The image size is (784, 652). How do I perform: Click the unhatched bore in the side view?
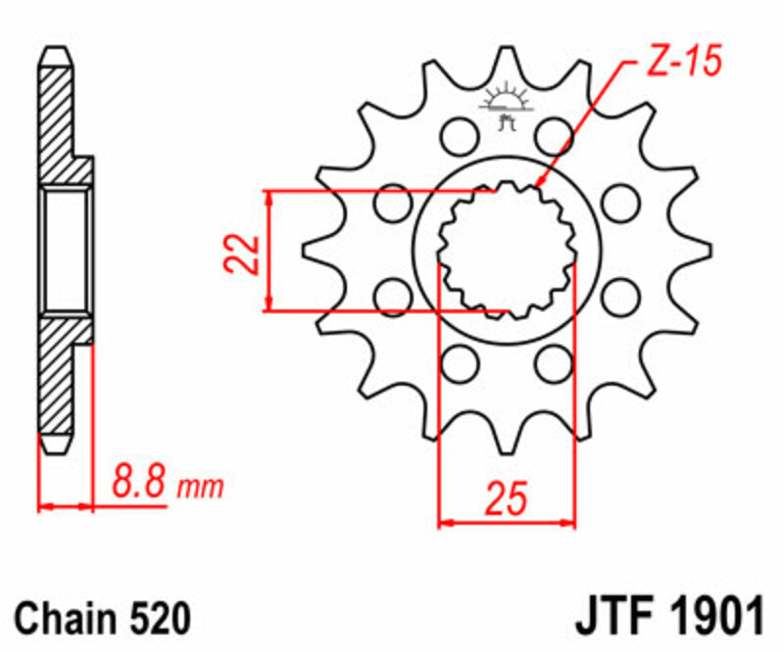[x=68, y=252]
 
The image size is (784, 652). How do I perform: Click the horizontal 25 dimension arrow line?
[x=507, y=523]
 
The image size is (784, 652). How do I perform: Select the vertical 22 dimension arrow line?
[x=269, y=253]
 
